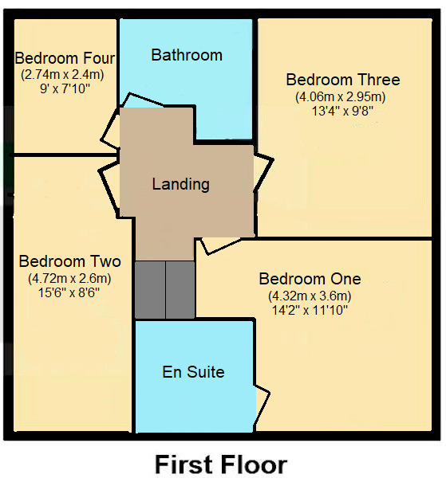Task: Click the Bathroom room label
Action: (x=187, y=55)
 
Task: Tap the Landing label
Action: (x=180, y=184)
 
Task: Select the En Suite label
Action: (x=193, y=371)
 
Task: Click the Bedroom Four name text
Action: (x=65, y=58)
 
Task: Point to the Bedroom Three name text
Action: (x=343, y=80)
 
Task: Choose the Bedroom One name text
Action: (x=310, y=279)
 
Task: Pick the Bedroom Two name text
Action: (x=70, y=261)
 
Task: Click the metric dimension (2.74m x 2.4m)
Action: (x=62, y=75)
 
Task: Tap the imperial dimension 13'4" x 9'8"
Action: (x=342, y=111)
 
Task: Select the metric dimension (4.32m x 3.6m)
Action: (x=310, y=296)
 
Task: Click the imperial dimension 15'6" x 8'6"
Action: (x=69, y=292)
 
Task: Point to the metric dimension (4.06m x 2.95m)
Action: (x=341, y=97)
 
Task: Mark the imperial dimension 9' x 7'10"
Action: (x=65, y=89)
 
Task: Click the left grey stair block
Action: (x=150, y=290)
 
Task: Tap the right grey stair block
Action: (x=180, y=290)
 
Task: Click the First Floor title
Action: (x=221, y=464)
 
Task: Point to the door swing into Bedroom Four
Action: (x=110, y=127)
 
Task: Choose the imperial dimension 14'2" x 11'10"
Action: (x=310, y=310)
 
